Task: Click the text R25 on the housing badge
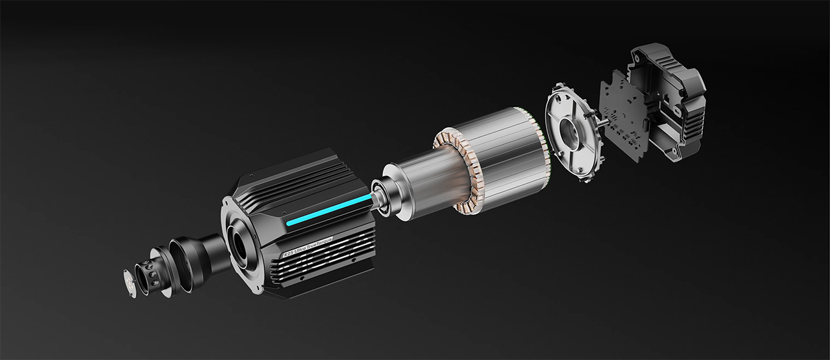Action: tap(289, 254)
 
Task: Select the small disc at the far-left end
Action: tap(129, 281)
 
